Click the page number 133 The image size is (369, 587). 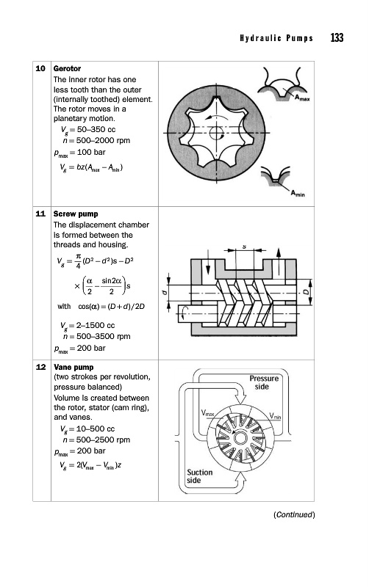(337, 38)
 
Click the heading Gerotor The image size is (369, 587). (67, 68)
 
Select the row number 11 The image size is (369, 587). (40, 214)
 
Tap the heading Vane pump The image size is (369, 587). (74, 367)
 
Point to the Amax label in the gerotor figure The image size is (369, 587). (302, 98)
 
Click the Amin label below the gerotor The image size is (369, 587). (298, 193)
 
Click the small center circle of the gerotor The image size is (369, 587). (216, 133)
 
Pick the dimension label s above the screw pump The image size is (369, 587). (245, 247)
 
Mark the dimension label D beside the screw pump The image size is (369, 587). (307, 292)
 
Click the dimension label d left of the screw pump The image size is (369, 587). (164, 292)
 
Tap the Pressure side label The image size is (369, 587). (264, 382)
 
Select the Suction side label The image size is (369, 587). (199, 476)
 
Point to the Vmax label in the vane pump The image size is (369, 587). (207, 413)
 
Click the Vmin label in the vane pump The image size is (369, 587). (275, 416)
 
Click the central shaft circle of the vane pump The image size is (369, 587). (240, 438)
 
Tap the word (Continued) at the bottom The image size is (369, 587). (294, 515)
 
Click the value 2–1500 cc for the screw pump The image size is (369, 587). (96, 325)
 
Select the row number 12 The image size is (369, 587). (40, 367)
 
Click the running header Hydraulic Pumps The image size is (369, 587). (276, 38)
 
